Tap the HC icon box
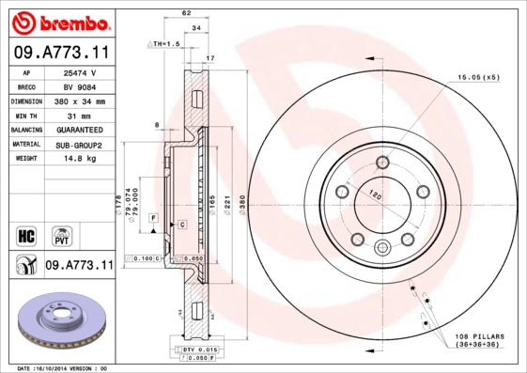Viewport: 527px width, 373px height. coord(26,234)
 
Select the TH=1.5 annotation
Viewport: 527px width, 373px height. coord(165,44)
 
